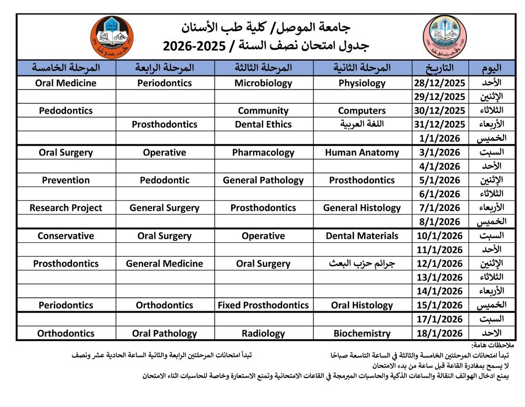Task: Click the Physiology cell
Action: [x=362, y=83]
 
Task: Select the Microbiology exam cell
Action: [x=263, y=83]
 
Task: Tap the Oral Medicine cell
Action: [x=66, y=83]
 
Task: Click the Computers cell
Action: [x=362, y=111]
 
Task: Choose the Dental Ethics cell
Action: [x=263, y=124]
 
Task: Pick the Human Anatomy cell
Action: [x=362, y=153]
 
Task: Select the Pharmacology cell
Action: [x=263, y=153]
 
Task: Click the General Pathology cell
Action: [x=263, y=180]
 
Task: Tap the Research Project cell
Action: [x=66, y=208]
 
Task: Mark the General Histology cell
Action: [x=362, y=208]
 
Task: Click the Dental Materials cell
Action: [x=362, y=236]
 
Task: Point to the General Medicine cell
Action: [x=165, y=264]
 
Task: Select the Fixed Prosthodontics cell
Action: [x=263, y=305]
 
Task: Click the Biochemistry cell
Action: [x=362, y=333]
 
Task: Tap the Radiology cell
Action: [x=263, y=333]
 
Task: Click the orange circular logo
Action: [x=112, y=37]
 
